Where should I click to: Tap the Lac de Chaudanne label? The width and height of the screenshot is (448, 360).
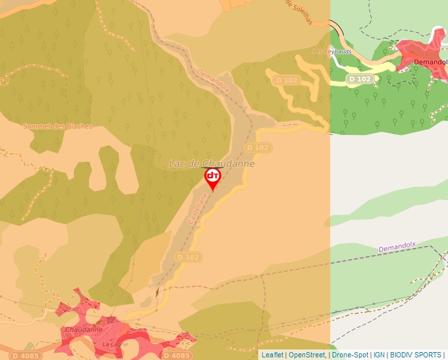coord(211,163)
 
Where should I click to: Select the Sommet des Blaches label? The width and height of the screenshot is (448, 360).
coord(57,126)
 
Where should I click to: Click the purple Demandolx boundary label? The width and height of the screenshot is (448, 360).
coord(397,247)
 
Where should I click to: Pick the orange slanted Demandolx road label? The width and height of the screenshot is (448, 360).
coord(212,84)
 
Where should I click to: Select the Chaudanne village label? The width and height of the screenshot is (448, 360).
coord(84,329)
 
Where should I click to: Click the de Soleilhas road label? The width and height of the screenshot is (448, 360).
coord(297,12)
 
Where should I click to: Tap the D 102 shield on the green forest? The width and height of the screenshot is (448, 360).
coord(360,79)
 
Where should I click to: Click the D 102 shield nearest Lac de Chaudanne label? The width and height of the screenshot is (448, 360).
coord(258,147)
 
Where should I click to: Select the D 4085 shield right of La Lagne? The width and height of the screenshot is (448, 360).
coord(177,355)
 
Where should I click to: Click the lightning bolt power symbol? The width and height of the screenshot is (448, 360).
coord(157,290)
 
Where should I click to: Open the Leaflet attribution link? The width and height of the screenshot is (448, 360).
coord(272,355)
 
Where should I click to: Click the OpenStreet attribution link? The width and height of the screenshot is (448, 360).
coord(307,355)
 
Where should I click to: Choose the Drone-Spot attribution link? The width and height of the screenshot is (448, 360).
coord(350,355)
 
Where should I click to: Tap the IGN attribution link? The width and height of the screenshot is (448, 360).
coord(379,355)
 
